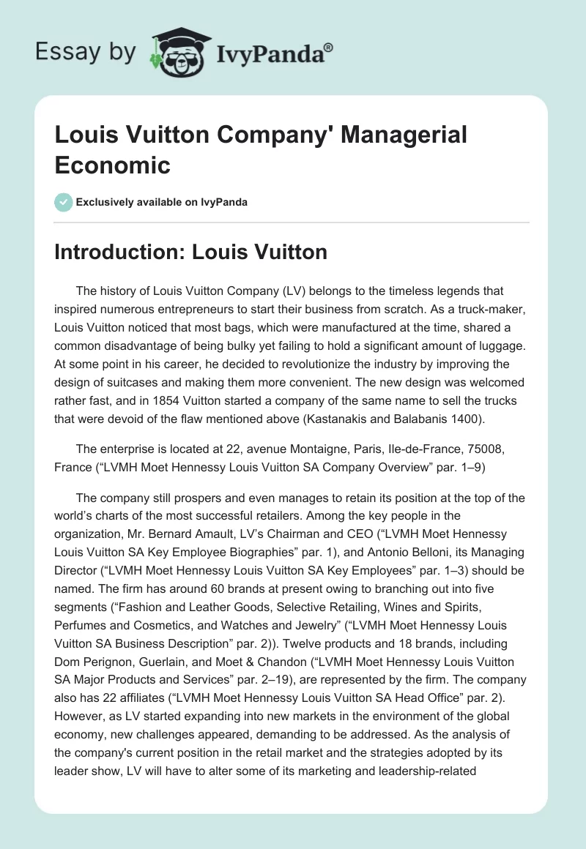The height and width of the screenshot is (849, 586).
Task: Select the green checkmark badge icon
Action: (63, 202)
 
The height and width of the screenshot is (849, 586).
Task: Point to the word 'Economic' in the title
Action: (112, 165)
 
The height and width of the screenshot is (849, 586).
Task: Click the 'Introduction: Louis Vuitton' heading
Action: (190, 253)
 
